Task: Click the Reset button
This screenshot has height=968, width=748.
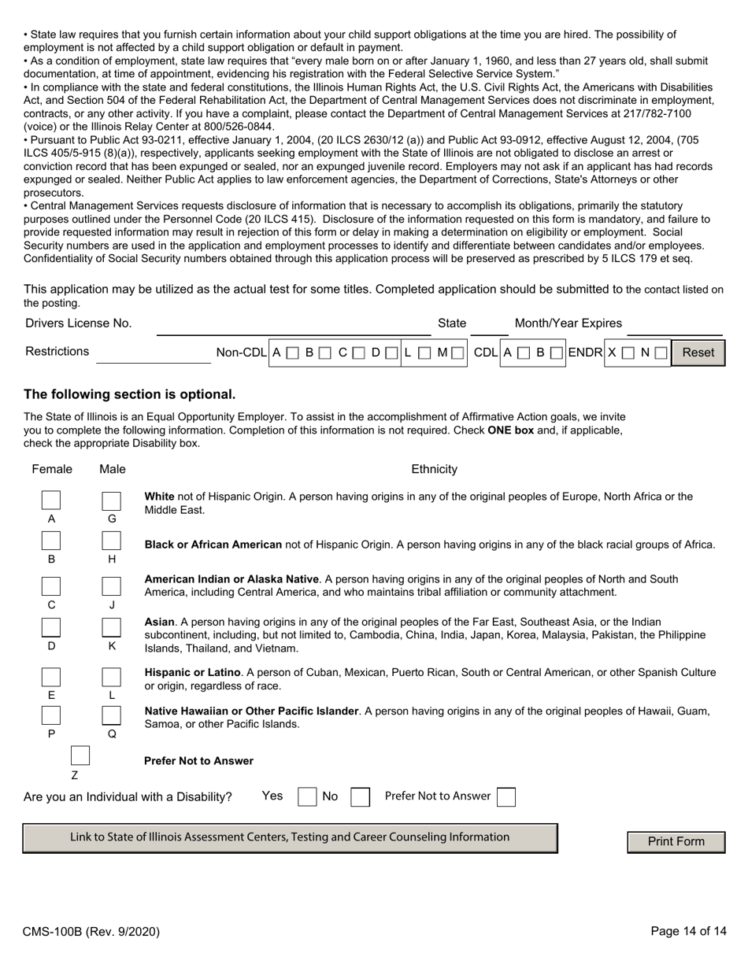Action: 698,353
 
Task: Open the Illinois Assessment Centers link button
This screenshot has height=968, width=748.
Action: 290,837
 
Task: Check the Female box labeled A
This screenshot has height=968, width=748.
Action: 51,501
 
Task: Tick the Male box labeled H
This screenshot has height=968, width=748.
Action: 112,541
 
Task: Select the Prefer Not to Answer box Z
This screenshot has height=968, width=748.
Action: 80,756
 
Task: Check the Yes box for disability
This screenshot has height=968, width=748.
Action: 307,797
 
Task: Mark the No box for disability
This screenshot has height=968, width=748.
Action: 360,797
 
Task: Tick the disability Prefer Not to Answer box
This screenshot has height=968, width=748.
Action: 507,797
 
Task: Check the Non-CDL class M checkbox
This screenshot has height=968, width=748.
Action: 457,353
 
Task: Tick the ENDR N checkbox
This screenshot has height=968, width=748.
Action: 659,353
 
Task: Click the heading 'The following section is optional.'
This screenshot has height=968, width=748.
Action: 129,394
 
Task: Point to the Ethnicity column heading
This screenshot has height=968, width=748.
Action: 434,469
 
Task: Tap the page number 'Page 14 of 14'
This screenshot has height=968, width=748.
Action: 688,932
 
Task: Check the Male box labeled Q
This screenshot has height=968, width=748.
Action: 112,715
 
